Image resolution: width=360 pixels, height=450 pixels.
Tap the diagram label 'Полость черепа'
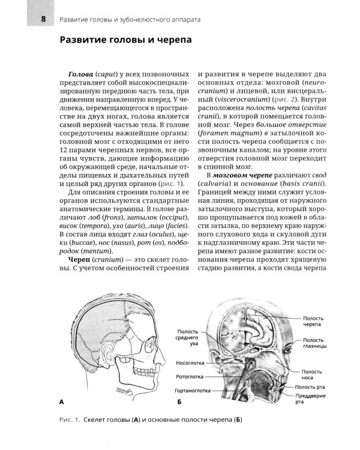[316, 319]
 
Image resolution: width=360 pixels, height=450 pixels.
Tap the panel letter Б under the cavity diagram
[179, 400]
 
